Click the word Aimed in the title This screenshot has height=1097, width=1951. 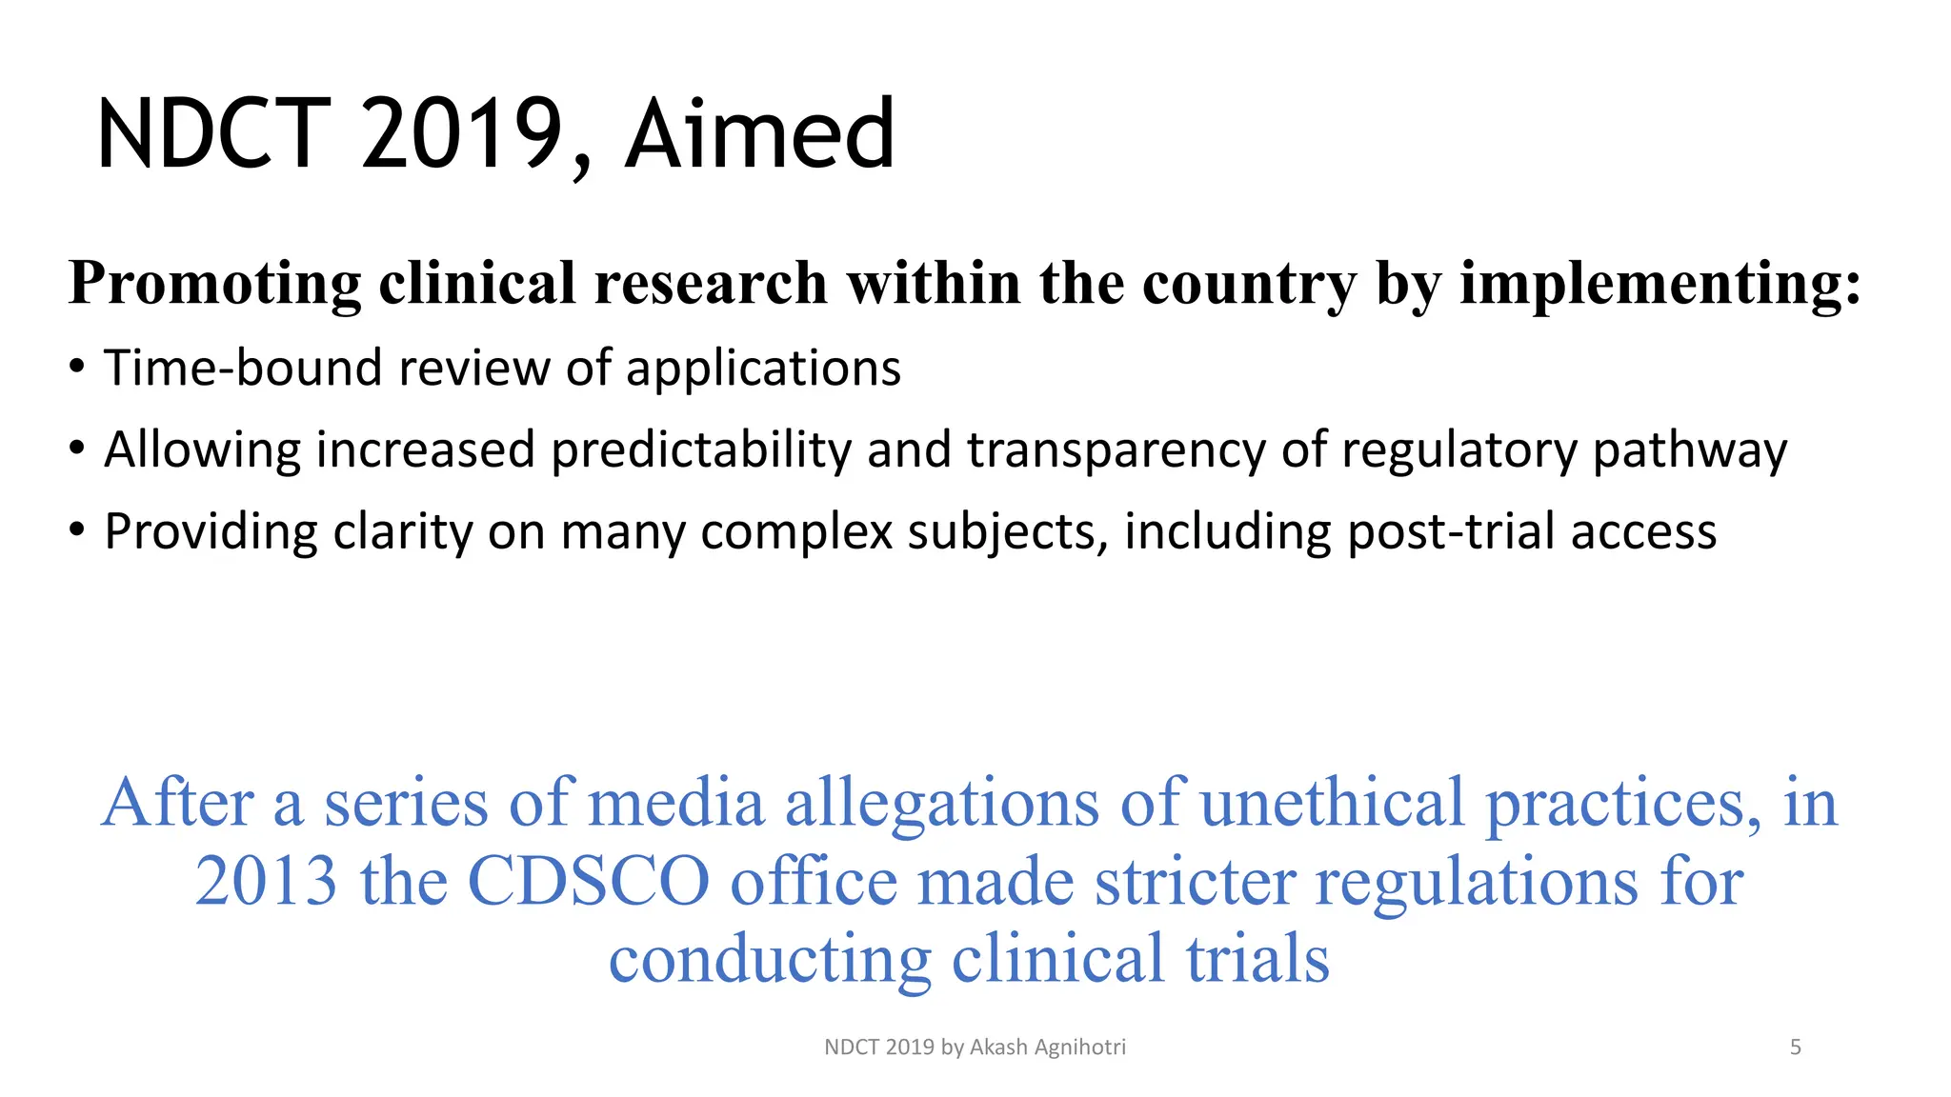[759, 134]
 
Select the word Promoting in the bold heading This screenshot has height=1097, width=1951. [215, 284]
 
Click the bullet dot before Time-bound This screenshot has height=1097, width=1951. [77, 368]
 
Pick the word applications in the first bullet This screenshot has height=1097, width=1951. [763, 369]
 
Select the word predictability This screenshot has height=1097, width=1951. [701, 449]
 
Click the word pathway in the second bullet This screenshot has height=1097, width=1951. [1690, 450]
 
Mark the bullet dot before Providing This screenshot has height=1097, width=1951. [77, 530]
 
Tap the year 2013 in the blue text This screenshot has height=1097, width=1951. [266, 881]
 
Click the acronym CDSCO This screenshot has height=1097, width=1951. [589, 881]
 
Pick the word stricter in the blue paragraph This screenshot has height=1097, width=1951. [1195, 881]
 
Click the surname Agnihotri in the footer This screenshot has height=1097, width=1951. [1079, 1047]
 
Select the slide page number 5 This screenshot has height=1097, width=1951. [1795, 1047]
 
